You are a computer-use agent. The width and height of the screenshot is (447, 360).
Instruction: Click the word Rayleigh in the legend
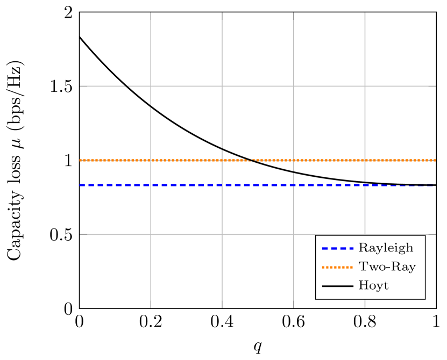point(386,248)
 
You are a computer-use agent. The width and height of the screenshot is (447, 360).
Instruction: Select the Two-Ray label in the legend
point(387,267)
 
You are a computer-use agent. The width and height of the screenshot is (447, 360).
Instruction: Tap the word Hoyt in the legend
point(373,286)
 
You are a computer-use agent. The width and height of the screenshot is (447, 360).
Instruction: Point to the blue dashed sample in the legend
point(337,249)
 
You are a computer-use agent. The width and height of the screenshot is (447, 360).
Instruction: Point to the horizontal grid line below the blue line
point(215,234)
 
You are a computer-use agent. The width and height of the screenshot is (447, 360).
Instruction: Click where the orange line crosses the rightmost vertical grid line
point(365,160)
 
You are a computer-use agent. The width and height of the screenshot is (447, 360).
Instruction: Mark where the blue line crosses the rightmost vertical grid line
point(365,185)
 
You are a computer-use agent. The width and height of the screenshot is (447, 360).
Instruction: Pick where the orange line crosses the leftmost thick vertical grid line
point(151,160)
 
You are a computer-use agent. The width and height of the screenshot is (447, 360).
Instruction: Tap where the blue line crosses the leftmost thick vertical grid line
point(151,185)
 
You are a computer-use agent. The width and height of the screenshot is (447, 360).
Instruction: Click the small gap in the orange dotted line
point(251,160)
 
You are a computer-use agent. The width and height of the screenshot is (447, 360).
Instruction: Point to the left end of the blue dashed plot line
point(81,185)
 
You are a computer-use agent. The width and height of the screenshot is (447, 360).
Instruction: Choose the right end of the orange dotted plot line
point(435,160)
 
